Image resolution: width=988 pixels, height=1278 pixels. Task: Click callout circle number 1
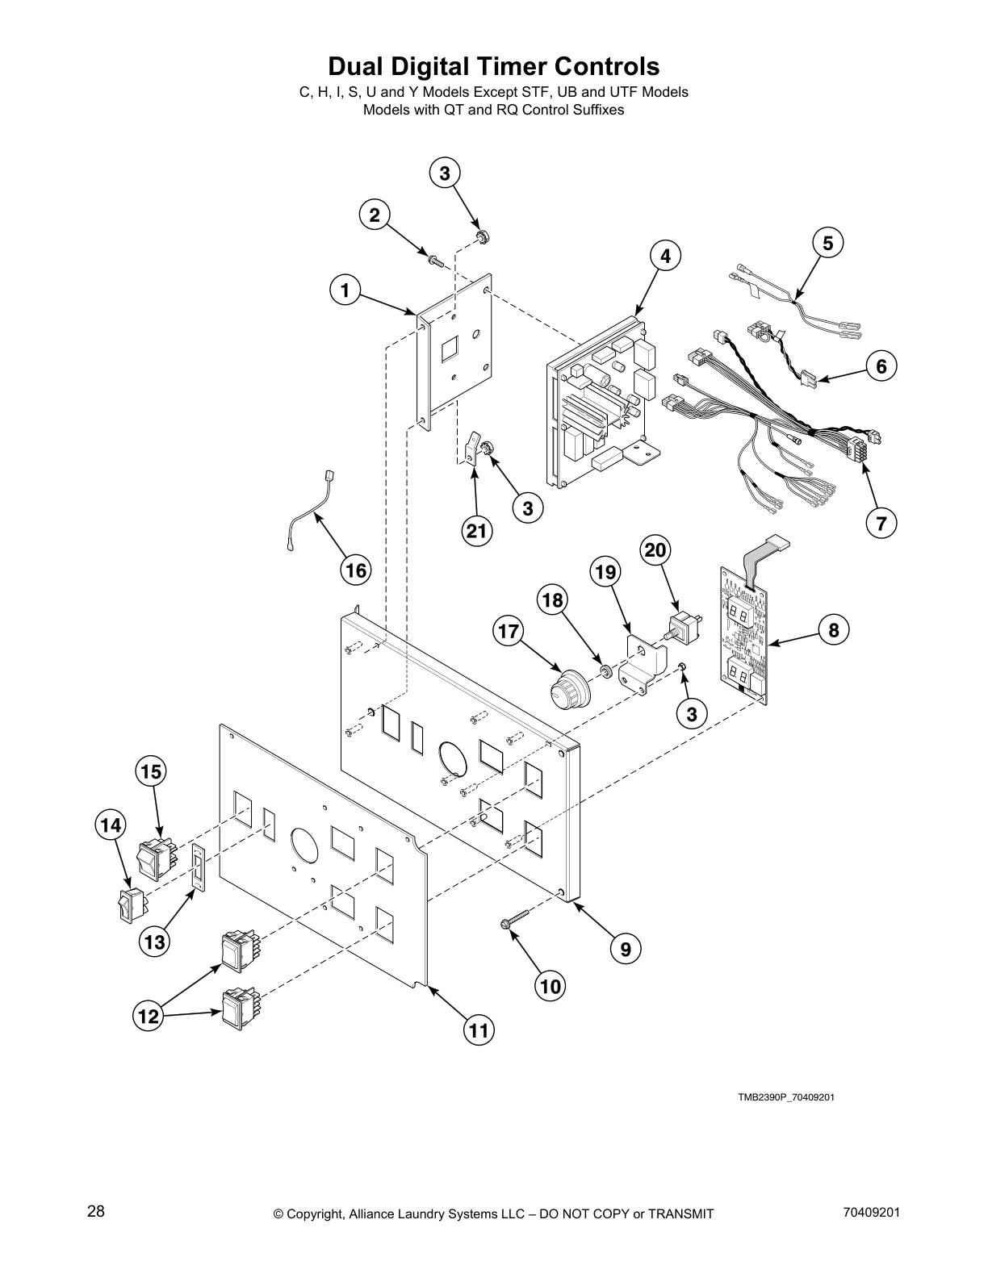click(x=345, y=290)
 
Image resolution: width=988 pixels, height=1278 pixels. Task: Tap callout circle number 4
click(x=665, y=256)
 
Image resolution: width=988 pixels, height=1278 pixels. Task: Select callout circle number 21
click(x=477, y=530)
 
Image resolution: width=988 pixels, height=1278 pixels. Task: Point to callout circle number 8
click(x=834, y=629)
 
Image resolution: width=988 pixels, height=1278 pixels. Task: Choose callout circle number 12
click(x=149, y=1017)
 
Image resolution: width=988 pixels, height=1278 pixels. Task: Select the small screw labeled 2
click(x=435, y=259)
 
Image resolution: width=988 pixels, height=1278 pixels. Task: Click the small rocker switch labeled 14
click(x=132, y=905)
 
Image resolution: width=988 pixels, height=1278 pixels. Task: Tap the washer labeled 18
click(x=603, y=670)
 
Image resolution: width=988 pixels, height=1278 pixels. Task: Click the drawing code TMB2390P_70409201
click(x=780, y=1098)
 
